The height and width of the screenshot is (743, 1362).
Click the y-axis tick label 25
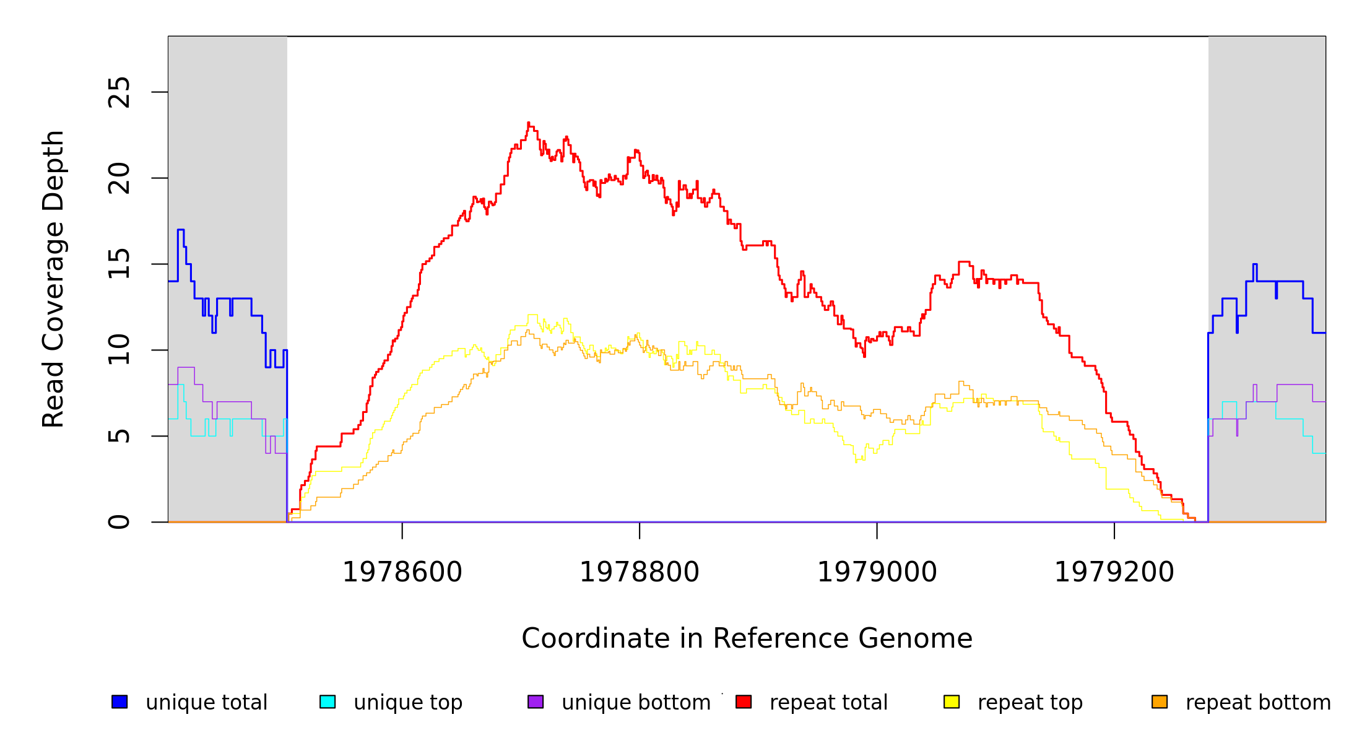(x=119, y=92)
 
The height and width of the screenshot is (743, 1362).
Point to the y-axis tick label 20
(x=119, y=178)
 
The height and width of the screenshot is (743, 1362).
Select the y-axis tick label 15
(x=119, y=264)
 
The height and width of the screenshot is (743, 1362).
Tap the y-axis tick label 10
(x=119, y=350)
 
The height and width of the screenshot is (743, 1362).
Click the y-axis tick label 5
(x=119, y=436)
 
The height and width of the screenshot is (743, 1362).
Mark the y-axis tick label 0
(x=119, y=522)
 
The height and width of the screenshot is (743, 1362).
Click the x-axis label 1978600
(x=402, y=572)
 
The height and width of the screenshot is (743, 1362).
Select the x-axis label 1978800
(x=640, y=572)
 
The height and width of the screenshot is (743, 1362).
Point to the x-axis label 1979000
(x=877, y=572)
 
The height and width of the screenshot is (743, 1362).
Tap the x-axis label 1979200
(x=1114, y=572)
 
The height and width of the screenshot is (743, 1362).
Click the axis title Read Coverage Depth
(x=53, y=279)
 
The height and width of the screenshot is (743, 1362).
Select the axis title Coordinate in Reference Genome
(x=747, y=638)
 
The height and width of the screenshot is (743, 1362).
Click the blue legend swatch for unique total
(x=119, y=702)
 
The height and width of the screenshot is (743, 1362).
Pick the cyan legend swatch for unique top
(x=327, y=702)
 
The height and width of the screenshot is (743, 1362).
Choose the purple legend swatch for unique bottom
(x=536, y=702)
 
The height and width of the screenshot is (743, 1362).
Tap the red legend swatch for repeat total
(x=744, y=702)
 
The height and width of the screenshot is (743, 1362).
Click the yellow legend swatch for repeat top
(x=952, y=702)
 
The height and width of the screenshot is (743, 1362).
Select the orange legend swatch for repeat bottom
(x=1160, y=702)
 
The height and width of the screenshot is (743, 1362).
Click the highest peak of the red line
(x=528, y=123)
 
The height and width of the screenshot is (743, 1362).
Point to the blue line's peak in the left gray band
(x=180, y=230)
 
